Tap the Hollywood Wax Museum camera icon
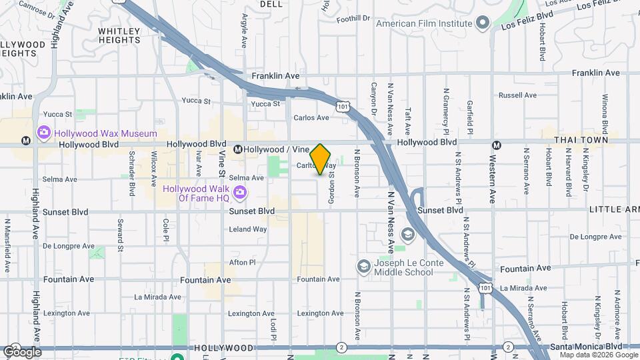click(x=44, y=133)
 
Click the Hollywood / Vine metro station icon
click(x=238, y=149)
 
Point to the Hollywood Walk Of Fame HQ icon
click(x=239, y=193)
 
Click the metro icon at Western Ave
click(x=496, y=145)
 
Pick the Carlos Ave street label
click(x=311, y=117)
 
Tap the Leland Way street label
click(x=247, y=229)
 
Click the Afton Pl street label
click(x=242, y=263)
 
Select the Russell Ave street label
click(x=517, y=95)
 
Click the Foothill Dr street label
click(x=353, y=19)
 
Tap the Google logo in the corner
click(x=22, y=351)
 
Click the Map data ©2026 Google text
click(x=597, y=355)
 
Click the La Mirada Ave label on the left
click(x=157, y=297)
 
